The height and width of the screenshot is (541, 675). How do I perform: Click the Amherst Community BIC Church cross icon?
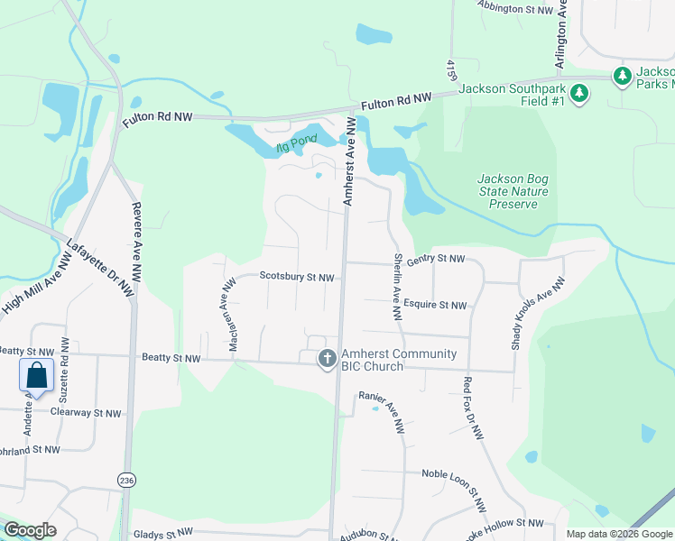(x=327, y=359)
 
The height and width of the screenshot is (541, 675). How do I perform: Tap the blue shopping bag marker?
(x=37, y=375)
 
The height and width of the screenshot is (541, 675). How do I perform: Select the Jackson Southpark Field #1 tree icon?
(x=579, y=92)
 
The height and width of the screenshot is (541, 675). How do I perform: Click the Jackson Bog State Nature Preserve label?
(x=513, y=191)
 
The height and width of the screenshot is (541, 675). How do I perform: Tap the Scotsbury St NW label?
(x=298, y=277)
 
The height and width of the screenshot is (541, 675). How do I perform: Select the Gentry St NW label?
(x=435, y=259)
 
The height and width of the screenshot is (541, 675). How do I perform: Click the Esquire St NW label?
(x=435, y=305)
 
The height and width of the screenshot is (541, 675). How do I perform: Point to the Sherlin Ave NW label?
(x=397, y=287)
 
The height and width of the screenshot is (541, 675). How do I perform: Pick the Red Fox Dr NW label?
(x=474, y=408)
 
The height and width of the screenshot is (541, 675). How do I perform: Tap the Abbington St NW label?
(x=515, y=8)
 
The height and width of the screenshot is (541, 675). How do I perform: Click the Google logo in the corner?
(x=30, y=530)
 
